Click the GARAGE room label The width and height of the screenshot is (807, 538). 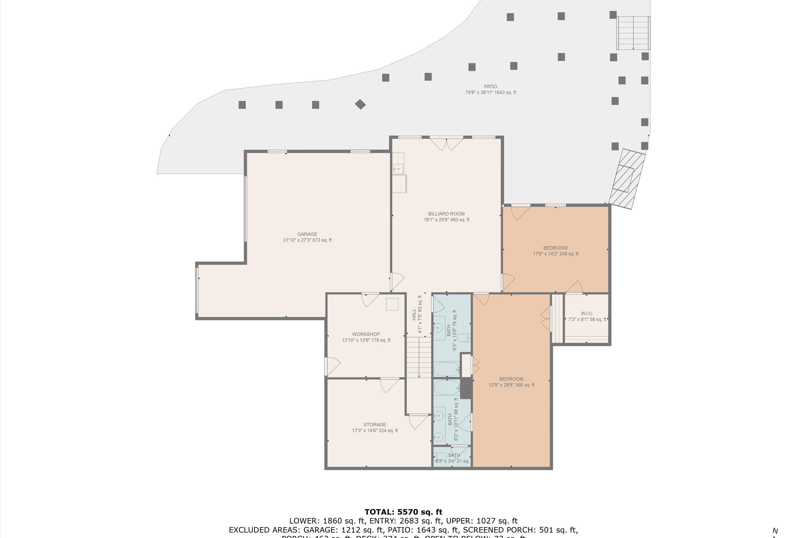click(307, 234)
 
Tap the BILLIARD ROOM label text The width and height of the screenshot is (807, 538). click(446, 214)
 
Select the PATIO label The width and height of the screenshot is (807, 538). click(490, 86)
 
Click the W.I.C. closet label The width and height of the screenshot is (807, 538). click(587, 313)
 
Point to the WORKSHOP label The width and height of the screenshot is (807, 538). click(366, 334)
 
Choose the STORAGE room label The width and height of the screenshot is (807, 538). click(375, 424)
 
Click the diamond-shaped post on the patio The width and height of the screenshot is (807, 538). click(360, 104)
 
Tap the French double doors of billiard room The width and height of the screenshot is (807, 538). click(446, 143)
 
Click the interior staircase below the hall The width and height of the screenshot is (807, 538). click(419, 357)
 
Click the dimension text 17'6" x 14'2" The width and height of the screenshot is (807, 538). click(555, 254)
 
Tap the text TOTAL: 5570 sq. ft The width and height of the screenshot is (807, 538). click(403, 512)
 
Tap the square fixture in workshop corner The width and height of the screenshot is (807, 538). click(392, 304)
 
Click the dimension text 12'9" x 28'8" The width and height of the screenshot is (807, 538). click(511, 385)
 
